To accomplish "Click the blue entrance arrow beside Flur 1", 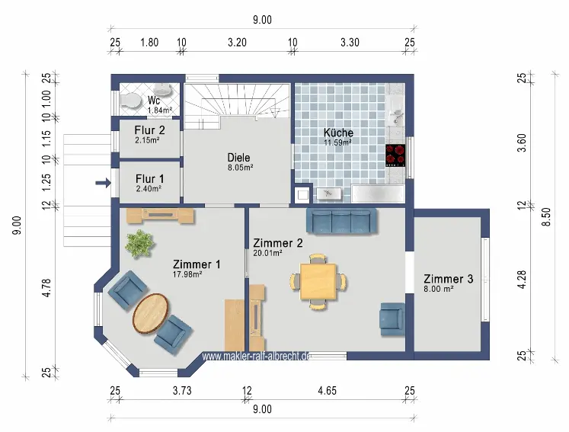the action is point(104,183).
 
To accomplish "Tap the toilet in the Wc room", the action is point(129,100).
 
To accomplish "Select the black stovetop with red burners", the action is point(395,155).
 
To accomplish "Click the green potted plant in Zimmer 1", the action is point(139,245).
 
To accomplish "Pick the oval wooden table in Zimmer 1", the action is point(150,313).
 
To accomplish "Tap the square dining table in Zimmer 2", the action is point(318,282).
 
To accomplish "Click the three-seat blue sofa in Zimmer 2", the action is point(341,220).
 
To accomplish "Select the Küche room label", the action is point(338,133).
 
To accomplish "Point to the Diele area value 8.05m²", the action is point(240,168).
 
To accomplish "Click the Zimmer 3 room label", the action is point(449,279).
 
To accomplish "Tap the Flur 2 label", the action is point(149,130).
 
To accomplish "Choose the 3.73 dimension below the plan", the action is point(182,391).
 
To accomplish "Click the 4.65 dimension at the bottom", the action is point(327,391).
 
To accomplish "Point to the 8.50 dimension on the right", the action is point(546,216).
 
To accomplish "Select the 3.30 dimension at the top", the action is point(350,43).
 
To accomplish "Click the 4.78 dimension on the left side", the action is point(46,288).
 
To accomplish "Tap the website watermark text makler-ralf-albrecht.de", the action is point(256,356).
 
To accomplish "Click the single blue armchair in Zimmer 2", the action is point(392,319).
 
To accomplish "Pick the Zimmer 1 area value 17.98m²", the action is point(187,274).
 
